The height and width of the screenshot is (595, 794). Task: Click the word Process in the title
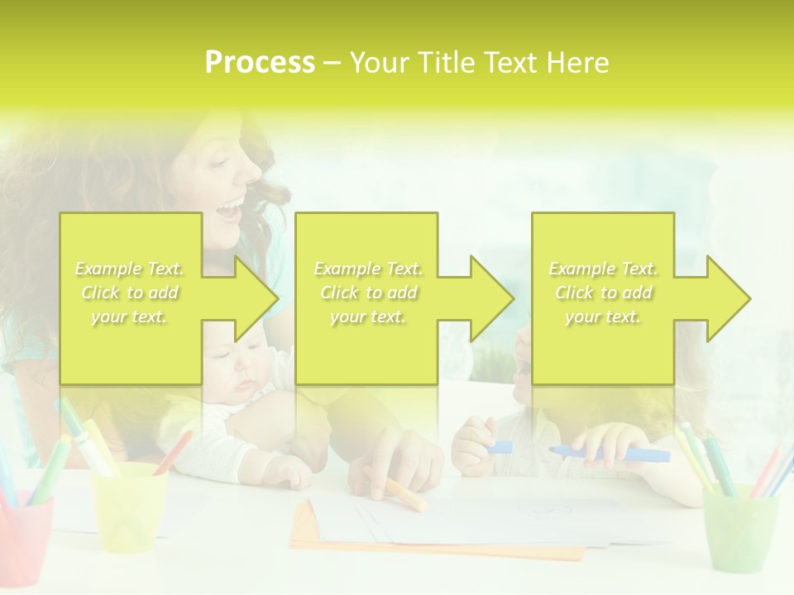(x=260, y=63)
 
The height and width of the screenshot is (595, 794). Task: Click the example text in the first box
(x=130, y=293)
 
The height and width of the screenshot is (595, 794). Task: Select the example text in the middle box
(x=367, y=293)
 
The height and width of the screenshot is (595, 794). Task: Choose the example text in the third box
(x=603, y=293)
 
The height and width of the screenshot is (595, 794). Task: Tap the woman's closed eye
(x=220, y=162)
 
